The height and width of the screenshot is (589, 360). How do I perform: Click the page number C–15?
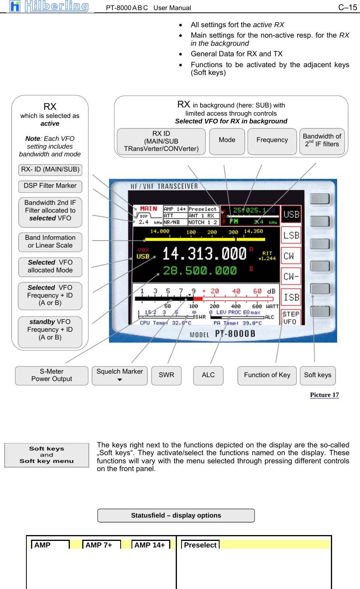point(347,7)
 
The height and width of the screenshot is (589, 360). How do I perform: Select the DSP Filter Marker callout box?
point(50,186)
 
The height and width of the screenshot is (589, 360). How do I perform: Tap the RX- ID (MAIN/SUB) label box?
point(50,170)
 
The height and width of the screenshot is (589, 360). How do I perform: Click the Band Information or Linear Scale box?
point(50,242)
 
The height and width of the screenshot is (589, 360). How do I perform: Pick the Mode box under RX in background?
point(227,140)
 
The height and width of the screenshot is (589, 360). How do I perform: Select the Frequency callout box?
point(272,140)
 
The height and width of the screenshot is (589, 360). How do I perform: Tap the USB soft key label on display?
point(291,215)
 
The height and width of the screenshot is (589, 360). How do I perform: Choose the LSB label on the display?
point(291,236)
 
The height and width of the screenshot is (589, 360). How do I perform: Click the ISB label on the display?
point(291,298)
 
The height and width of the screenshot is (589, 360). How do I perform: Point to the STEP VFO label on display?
point(291,318)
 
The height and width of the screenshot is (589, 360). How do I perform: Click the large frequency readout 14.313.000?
point(204,254)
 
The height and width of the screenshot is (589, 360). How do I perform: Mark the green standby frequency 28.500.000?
point(199,270)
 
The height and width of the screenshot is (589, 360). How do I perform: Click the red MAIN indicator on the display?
point(149,209)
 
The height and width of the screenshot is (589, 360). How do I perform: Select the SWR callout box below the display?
point(166,375)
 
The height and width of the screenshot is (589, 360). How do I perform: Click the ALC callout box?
point(208,375)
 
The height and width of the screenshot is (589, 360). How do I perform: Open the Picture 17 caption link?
point(324,395)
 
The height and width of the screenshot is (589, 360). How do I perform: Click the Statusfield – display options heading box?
point(176,516)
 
